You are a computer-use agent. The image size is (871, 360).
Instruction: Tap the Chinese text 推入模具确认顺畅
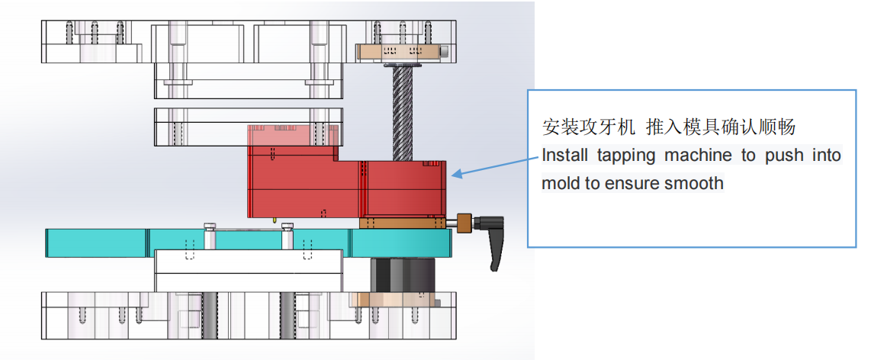[x=721, y=127]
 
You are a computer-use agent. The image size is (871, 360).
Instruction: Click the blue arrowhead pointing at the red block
[x=455, y=175]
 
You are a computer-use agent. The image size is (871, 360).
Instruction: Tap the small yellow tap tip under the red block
[x=275, y=220]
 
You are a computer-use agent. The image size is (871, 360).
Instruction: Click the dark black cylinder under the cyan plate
[x=402, y=276]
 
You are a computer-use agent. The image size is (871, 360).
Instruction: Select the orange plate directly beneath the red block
[x=403, y=223]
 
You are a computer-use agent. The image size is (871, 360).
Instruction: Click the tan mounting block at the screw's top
[x=399, y=52]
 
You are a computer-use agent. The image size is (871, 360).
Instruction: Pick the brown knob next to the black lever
[x=464, y=222]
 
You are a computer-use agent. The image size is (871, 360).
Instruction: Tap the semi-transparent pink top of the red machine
[x=293, y=143]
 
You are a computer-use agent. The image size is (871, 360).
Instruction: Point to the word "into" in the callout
[x=827, y=155]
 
